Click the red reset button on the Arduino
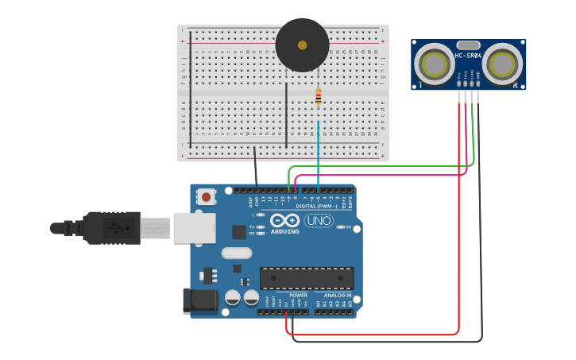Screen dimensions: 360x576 [x=207, y=195]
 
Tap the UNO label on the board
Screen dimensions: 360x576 [x=319, y=221]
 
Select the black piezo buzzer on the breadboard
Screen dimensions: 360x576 [x=302, y=45]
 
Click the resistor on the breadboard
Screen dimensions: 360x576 [x=319, y=97]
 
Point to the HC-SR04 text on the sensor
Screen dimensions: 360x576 [x=468, y=56]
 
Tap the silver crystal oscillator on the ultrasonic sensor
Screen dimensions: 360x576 [x=469, y=45]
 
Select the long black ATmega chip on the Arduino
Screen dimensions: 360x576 [x=307, y=278]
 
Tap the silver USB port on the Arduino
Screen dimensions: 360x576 [x=193, y=227]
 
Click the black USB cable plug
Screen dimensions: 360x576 [x=111, y=228]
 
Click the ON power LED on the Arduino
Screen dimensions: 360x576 [x=342, y=227]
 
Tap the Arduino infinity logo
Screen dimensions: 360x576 [x=284, y=221]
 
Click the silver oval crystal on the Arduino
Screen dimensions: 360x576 [x=236, y=254]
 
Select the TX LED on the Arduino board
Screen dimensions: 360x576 [x=260, y=226]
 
